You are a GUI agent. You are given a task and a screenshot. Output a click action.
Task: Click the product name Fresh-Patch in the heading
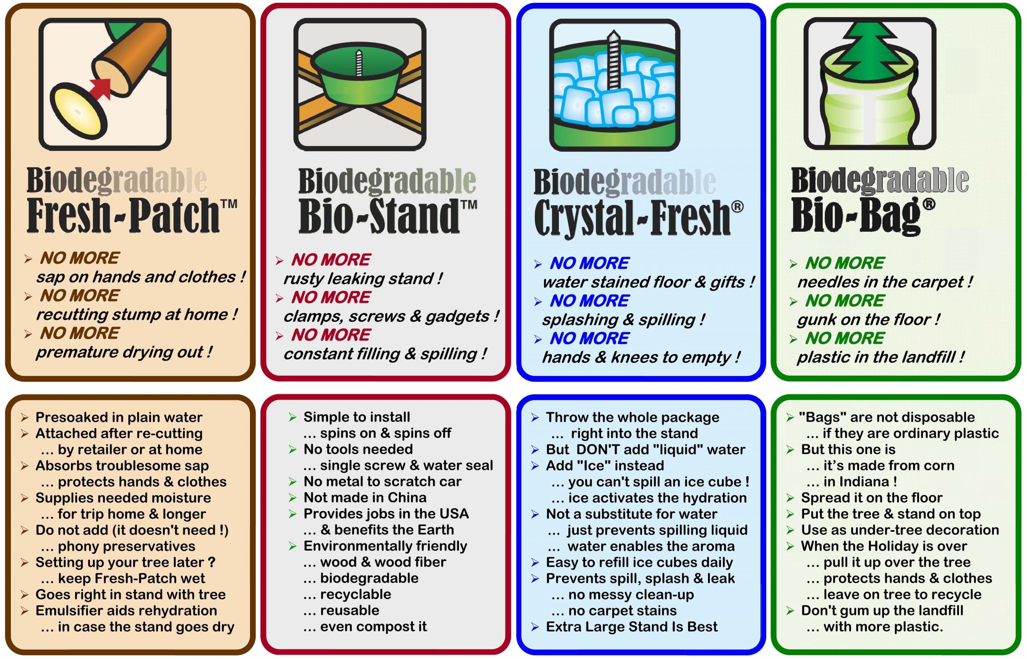(123, 215)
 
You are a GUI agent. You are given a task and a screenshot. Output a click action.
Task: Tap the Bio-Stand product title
(379, 216)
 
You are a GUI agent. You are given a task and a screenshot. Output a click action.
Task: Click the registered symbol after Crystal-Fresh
(737, 207)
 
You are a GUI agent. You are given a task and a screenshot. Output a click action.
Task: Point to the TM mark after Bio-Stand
(469, 204)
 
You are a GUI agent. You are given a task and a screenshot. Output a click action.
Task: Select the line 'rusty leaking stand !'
(363, 279)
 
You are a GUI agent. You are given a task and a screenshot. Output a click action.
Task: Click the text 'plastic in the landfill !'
(881, 357)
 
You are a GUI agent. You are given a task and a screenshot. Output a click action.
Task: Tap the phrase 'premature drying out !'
(124, 352)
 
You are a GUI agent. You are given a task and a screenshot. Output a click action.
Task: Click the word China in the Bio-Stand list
(406, 497)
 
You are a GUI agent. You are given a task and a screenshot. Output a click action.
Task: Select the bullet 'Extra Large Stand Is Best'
(631, 627)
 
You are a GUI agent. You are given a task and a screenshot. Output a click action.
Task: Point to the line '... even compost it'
(365, 627)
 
